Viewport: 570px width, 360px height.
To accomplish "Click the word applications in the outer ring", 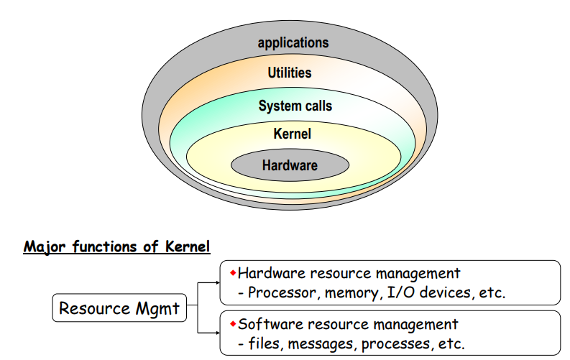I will (x=293, y=43).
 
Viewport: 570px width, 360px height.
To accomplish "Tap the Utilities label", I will (x=290, y=73).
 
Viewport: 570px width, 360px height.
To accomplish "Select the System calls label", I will (x=295, y=106).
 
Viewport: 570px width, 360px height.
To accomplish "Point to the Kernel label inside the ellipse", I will (x=292, y=134).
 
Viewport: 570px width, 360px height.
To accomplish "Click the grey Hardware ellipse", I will (x=290, y=166).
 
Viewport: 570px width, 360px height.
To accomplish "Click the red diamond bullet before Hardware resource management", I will (x=233, y=273).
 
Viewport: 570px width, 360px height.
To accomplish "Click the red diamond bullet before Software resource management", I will (x=233, y=323).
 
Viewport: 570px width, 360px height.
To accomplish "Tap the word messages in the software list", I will (x=322, y=343).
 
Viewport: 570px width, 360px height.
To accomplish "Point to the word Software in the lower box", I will (x=267, y=324).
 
